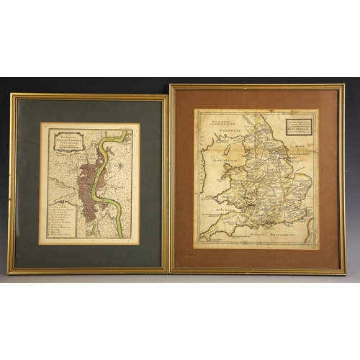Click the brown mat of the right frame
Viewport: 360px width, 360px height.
pos(184,180)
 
